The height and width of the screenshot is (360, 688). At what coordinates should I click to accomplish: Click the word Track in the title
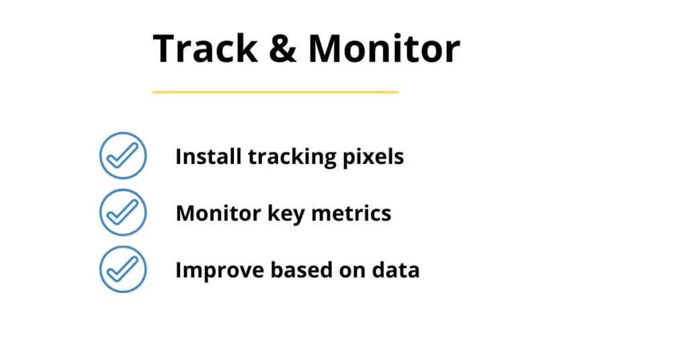pos(206,48)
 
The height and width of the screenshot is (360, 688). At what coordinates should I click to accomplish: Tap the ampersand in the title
pos(284,48)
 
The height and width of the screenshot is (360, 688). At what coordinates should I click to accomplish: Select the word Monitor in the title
pos(384,48)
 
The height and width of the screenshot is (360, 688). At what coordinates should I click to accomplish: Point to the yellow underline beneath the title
pos(275,92)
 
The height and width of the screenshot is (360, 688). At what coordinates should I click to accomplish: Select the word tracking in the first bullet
pos(292,157)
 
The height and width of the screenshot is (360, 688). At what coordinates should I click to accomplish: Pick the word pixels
pos(374,157)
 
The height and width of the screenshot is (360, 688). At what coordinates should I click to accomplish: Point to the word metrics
pos(351,214)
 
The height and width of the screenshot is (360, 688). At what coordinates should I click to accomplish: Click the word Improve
pos(220,271)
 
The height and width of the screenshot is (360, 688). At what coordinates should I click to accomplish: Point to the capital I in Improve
pos(178,270)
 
